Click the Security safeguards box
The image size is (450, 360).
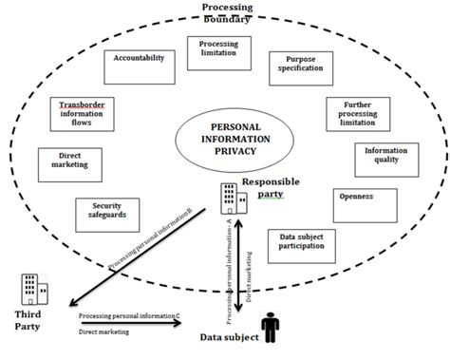click(x=107, y=216)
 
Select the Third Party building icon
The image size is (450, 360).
click(x=32, y=289)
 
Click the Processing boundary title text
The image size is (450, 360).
click(x=227, y=13)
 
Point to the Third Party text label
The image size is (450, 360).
click(x=28, y=320)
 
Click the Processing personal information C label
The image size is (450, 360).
click(x=128, y=313)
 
